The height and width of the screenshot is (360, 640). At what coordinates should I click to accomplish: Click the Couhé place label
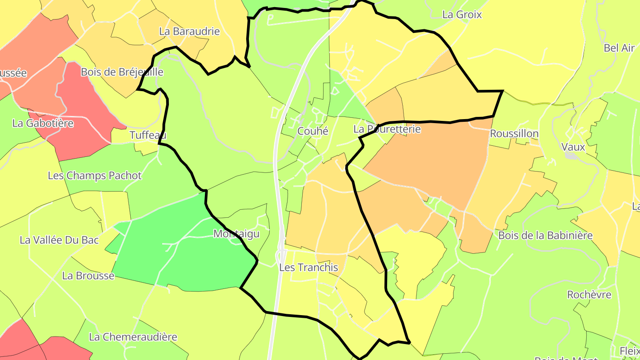[313, 131]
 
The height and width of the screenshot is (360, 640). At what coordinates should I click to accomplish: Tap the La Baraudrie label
[189, 32]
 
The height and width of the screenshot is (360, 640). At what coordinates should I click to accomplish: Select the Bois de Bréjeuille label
[122, 72]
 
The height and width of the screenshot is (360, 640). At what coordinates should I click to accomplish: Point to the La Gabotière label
[43, 123]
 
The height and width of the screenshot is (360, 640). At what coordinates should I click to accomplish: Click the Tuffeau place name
[148, 135]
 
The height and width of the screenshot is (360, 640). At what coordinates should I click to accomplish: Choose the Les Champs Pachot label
[95, 176]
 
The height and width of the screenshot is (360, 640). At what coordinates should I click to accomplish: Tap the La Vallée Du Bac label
[59, 240]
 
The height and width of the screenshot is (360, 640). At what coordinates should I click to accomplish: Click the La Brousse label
[88, 276]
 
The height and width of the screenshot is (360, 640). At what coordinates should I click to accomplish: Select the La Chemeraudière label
[133, 337]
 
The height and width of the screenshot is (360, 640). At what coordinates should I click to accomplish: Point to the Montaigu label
[236, 234]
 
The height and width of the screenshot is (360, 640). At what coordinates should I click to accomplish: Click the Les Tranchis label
[308, 268]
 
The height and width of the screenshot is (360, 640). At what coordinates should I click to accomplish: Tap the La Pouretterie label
[387, 129]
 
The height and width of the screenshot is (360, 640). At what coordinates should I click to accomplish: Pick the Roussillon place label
[514, 133]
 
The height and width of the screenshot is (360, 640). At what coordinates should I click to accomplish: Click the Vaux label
[573, 147]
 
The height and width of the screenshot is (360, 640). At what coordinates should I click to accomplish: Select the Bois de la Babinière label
[545, 235]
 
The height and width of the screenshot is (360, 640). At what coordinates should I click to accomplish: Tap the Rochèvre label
[589, 295]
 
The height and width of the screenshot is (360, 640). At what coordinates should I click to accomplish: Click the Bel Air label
[619, 48]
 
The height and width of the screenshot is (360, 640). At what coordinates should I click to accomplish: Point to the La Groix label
[462, 15]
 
